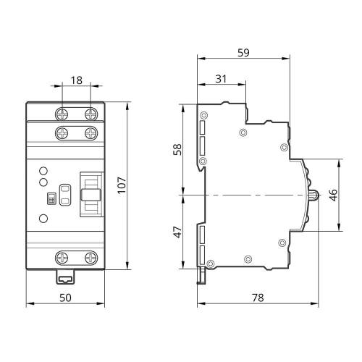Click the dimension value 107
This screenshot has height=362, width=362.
122,185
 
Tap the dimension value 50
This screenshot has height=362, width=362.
65,298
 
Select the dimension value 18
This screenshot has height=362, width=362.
77,80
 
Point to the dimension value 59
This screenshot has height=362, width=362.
243,53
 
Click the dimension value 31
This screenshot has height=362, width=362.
221,79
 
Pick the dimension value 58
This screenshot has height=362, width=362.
178,150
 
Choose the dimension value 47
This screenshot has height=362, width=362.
178,232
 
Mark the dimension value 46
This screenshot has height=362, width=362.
333,195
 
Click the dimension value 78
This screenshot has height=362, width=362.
258,298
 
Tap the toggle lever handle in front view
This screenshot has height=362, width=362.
90,195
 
